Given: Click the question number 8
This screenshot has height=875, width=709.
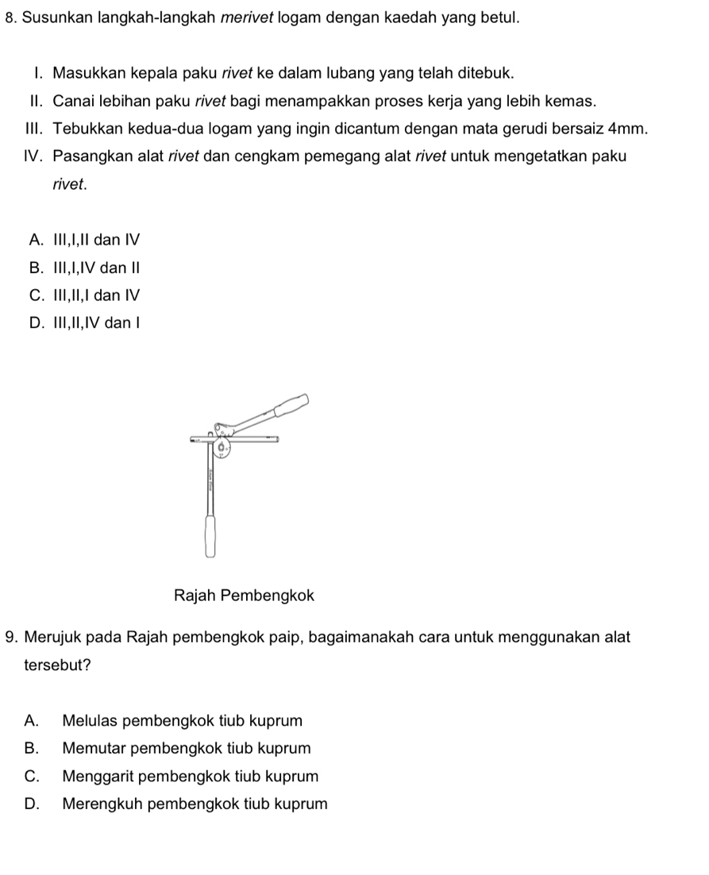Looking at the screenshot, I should [x=10, y=17].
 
